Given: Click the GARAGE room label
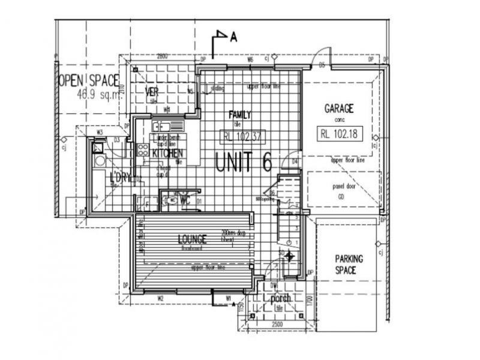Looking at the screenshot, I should coord(339,109).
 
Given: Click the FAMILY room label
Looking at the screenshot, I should coord(240,115).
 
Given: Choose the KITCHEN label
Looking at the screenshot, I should coord(167,154).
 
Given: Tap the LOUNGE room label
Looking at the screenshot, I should coord(192,239).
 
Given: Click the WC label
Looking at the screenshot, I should coord(185,200).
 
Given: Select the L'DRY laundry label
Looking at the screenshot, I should coord(121,178).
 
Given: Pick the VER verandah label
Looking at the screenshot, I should coord(152,92).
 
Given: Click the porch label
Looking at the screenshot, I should coord(280,298).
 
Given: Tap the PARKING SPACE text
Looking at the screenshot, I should coord(349,264).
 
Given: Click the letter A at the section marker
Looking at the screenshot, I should coord(233,37).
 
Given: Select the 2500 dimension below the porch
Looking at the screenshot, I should coord(277,325).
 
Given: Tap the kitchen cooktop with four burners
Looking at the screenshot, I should coord(143,151).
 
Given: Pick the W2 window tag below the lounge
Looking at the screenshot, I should coord(160,298).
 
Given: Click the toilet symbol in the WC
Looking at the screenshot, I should coord(172,200).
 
